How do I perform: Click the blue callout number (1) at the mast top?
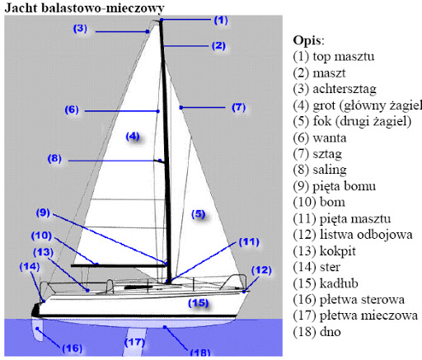tap(221, 20)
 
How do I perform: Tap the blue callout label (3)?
tap(80, 28)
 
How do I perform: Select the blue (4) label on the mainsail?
tap(133, 136)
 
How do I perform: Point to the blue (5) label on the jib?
tap(199, 214)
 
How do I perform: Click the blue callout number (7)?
tap(238, 107)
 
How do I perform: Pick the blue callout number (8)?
tap(54, 158)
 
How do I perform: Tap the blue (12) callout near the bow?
tap(261, 270)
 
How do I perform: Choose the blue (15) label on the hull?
tap(199, 303)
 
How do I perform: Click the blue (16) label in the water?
tap(73, 348)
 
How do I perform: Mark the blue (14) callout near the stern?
tap(30, 267)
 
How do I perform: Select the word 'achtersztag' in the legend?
tap(345, 89)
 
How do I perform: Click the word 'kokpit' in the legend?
tap(338, 251)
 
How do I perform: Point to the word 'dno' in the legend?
tap(331, 332)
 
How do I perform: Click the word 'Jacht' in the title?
tap(21, 8)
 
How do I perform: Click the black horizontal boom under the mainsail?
tap(119, 265)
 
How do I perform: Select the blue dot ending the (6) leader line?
tap(158, 111)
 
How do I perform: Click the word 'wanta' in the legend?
tap(330, 138)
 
